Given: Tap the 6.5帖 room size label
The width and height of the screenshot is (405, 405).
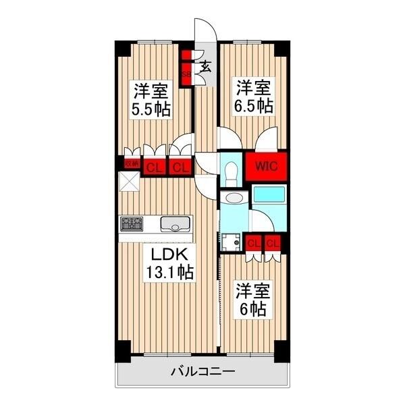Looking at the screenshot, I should point(254,105).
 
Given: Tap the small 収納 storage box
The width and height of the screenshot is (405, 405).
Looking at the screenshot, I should point(130,163).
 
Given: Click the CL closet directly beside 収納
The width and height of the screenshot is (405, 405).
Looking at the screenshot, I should point(153,166).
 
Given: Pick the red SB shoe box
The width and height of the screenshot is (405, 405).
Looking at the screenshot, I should point(184,66).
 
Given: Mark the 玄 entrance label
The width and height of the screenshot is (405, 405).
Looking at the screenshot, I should point(206,66).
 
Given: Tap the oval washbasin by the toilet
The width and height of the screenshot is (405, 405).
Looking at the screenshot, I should point(235,198).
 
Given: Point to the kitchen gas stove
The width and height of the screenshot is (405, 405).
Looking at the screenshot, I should point(132,223).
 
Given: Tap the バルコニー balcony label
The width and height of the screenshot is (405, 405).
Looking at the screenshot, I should point(202,371).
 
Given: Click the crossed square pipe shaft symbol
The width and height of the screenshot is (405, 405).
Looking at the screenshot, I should point(129,182).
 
